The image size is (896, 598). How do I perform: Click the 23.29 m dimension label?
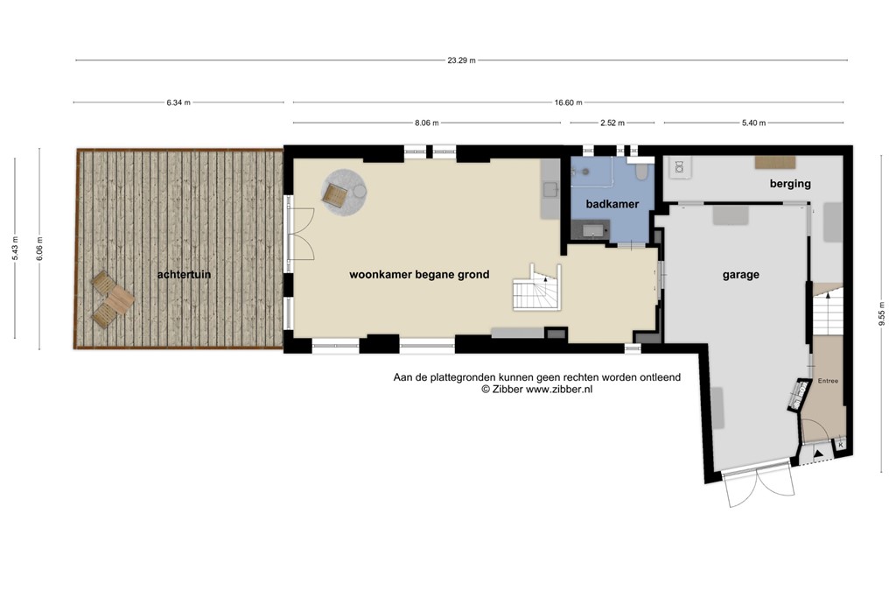[461, 60]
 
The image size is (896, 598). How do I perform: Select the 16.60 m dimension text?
[568, 102]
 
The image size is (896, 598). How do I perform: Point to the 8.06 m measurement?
[426, 123]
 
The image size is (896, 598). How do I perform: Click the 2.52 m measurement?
[611, 123]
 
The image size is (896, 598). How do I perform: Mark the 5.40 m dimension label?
[754, 123]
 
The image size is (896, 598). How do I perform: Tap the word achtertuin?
[184, 275]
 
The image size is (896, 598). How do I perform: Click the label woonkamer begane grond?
[419, 275]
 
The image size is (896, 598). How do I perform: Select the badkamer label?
[612, 204]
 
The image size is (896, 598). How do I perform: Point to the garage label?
[740, 275]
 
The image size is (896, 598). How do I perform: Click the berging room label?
[790, 184]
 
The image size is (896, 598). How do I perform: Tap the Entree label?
[828, 381]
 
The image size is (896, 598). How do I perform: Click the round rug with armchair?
[344, 193]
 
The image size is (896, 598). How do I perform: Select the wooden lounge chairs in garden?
[109, 299]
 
